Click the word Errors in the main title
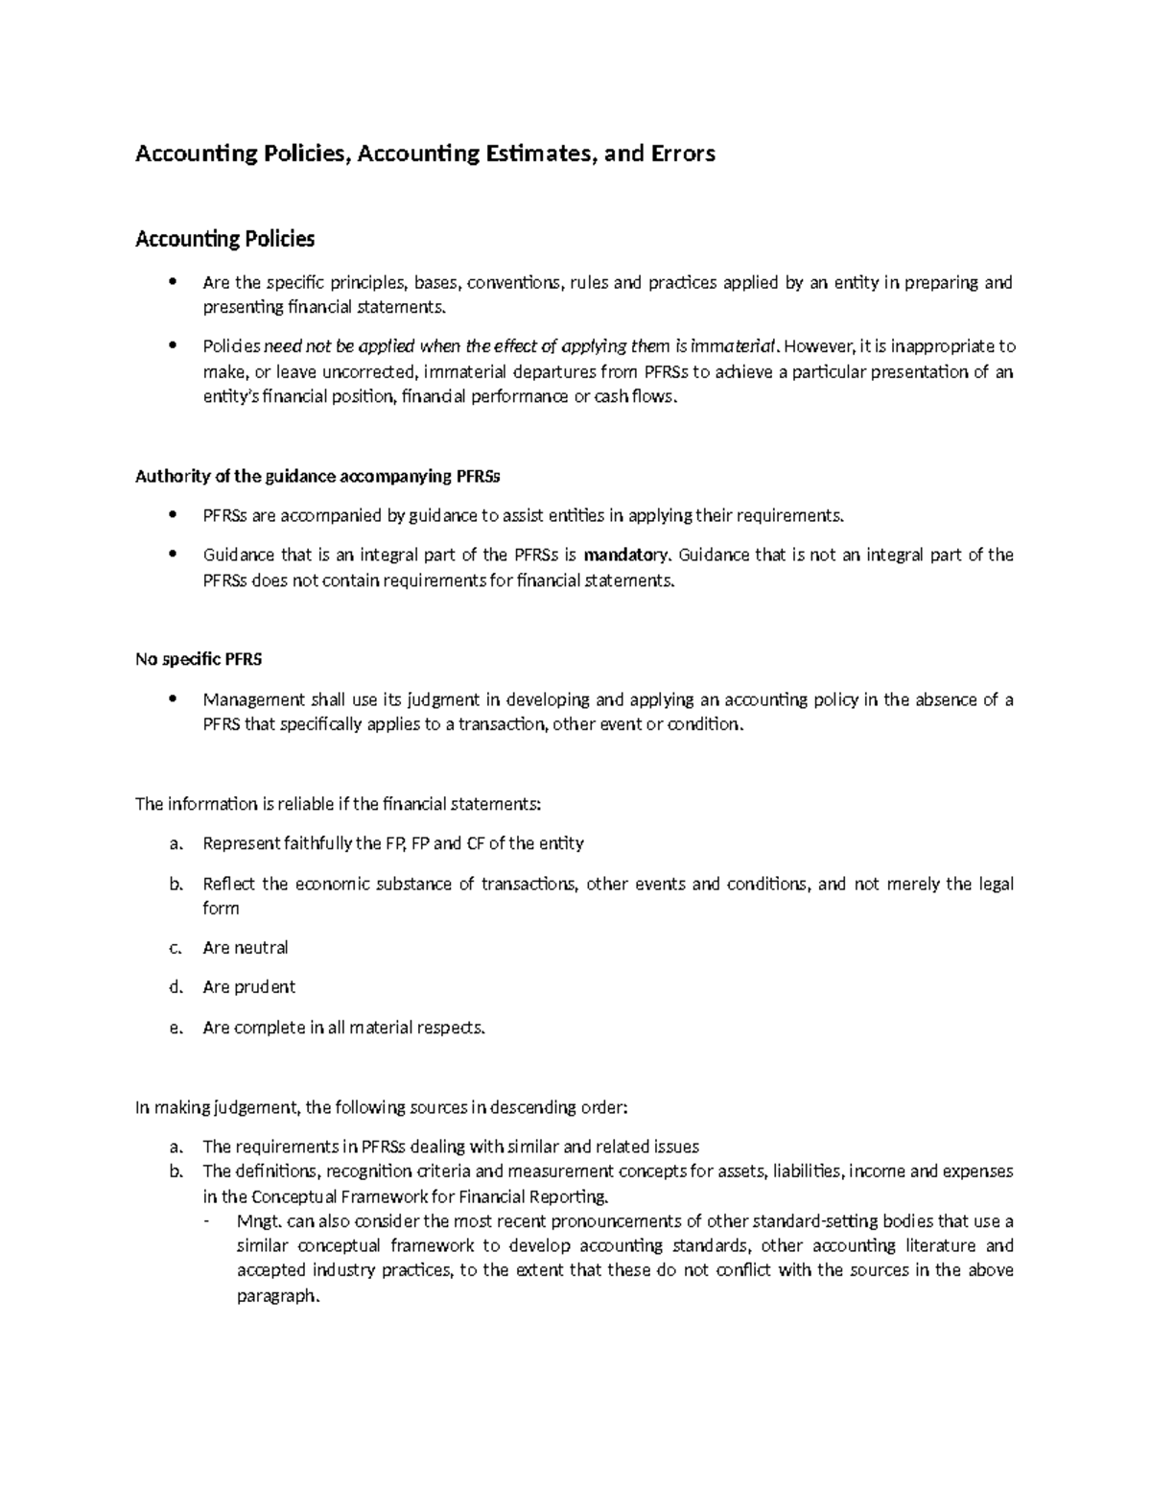pyautogui.click(x=681, y=154)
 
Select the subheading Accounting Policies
pyautogui.click(x=224, y=238)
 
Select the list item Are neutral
pyautogui.click(x=246, y=948)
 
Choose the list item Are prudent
pyautogui.click(x=249, y=987)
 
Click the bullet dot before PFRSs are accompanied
pyautogui.click(x=173, y=514)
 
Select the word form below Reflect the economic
pyautogui.click(x=221, y=909)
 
